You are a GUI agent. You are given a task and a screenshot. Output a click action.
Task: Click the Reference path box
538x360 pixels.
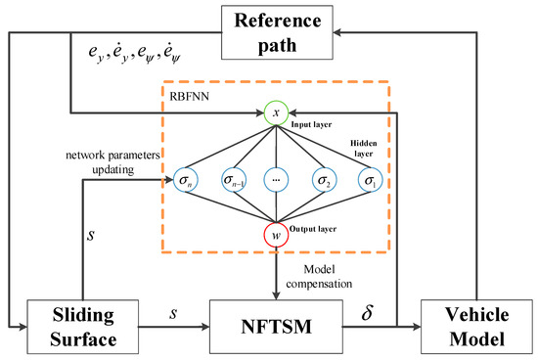(277, 32)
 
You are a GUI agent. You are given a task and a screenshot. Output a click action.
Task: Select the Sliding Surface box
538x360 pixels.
(83, 327)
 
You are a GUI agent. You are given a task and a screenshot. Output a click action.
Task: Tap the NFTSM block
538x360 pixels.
(276, 327)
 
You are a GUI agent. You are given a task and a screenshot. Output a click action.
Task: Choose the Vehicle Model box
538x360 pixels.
(476, 327)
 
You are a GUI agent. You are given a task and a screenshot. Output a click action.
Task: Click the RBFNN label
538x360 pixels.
(189, 97)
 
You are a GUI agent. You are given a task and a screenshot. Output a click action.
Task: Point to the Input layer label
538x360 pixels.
(311, 124)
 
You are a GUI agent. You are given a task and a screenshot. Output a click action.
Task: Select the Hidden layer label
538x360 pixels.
(363, 149)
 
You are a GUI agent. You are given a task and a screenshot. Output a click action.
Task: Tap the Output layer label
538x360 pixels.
(313, 229)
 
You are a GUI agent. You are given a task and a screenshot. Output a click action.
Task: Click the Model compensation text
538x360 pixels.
(319, 277)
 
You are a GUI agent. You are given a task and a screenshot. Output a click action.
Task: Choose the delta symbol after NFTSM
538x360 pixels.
(367, 312)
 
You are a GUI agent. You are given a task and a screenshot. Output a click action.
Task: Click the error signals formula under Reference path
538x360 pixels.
(135, 53)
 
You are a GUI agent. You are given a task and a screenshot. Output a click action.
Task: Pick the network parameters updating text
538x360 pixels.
(112, 162)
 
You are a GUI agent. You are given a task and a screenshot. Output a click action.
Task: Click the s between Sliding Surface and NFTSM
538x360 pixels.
(173, 313)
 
